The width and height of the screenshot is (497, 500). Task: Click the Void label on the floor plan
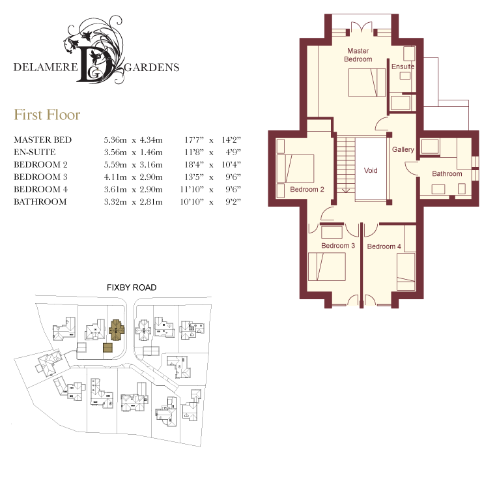pos(371,171)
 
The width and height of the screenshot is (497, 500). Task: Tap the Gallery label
pos(403,149)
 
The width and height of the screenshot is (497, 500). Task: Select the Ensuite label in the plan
pos(403,66)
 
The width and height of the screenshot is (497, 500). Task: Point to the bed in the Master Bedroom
pos(367,83)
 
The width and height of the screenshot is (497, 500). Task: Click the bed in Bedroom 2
pos(295,168)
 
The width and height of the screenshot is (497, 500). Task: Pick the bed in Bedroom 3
pos(327,267)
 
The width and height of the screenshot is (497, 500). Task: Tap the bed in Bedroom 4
pos(406,272)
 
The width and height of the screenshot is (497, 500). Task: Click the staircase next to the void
pos(346,165)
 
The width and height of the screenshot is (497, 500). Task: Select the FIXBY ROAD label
pos(132,287)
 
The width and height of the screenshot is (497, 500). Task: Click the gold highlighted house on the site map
pos(117,330)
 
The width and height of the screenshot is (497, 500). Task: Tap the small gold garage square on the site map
pos(107,347)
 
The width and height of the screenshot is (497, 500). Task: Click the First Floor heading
pos(47,115)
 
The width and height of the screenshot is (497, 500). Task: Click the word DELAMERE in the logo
pos(46,67)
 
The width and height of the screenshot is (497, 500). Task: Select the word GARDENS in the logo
pos(152,68)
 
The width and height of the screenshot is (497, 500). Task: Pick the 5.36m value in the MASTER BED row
pos(115,140)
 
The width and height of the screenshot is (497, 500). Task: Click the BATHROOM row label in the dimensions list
pos(40,202)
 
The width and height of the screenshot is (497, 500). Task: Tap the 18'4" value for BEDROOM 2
pos(194,164)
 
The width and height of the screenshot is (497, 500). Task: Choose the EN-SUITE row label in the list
pos(35,152)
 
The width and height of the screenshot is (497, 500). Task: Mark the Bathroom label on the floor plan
pos(447,174)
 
